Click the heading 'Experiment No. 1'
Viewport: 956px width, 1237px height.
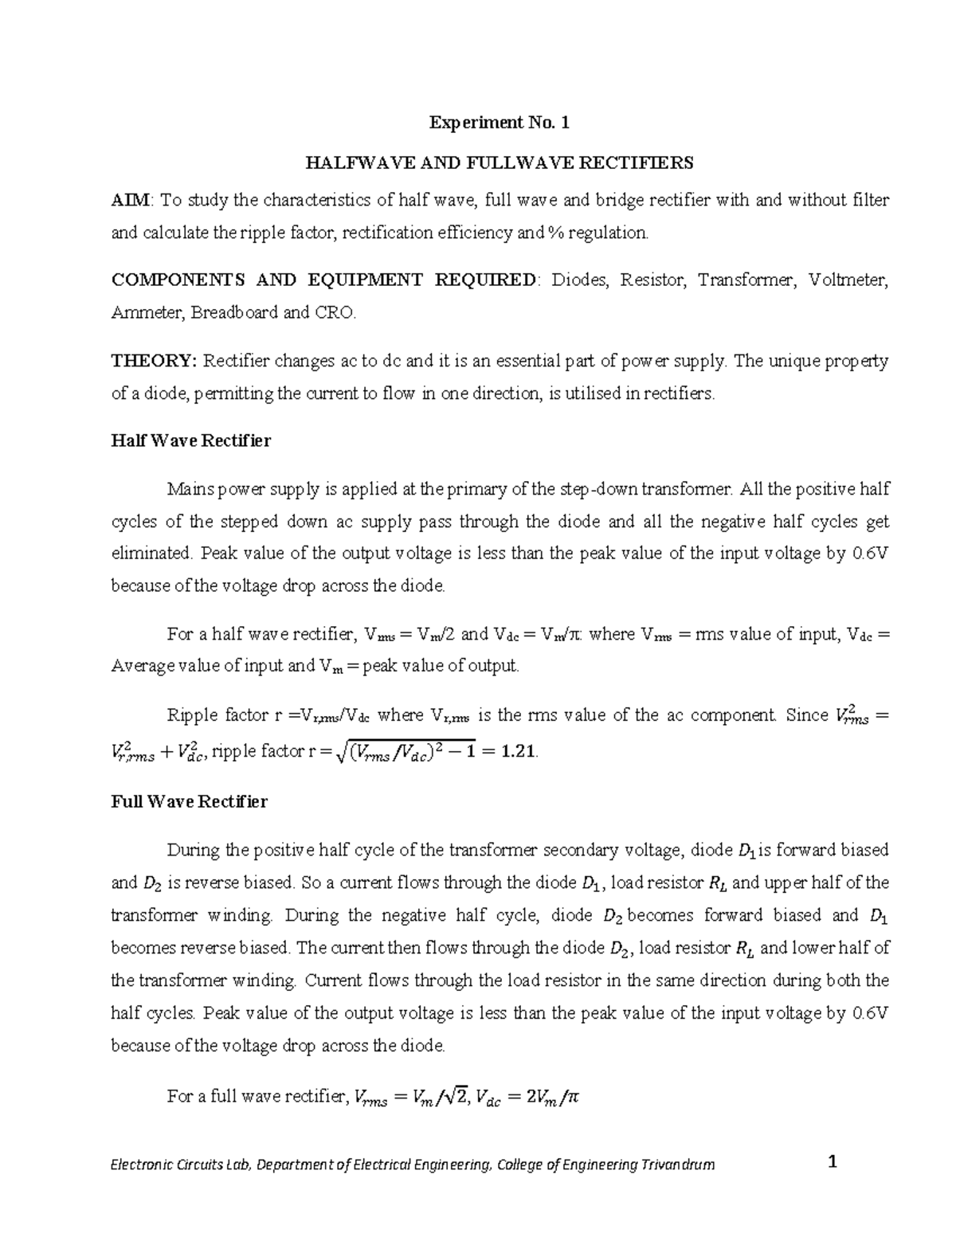tap(500, 123)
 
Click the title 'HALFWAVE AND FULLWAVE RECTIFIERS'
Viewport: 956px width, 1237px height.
tap(500, 163)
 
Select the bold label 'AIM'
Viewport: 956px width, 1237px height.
tap(124, 200)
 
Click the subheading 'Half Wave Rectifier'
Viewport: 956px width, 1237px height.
tap(190, 440)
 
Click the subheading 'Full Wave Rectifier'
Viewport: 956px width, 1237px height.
tap(189, 801)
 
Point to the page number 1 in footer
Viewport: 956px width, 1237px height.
tap(833, 1162)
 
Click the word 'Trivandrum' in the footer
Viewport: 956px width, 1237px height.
tap(678, 1165)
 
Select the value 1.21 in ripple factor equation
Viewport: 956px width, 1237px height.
tap(519, 750)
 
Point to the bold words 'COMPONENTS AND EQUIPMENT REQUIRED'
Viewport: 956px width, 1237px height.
tap(324, 280)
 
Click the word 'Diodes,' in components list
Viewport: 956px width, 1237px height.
tap(581, 280)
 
